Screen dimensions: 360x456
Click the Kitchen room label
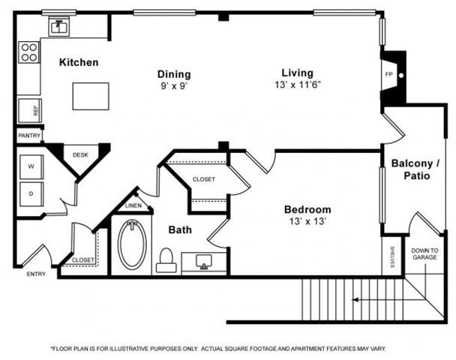[79, 62]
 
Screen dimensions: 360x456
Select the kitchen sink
[58, 27]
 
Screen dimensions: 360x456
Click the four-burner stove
[29, 52]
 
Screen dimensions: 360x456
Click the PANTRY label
[28, 136]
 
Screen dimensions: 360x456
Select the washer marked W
[31, 166]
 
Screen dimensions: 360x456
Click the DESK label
[79, 154]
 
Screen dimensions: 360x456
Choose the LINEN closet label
[133, 205]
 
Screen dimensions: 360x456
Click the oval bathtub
[132, 244]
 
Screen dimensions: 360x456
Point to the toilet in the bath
[166, 259]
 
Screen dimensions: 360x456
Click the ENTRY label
[36, 274]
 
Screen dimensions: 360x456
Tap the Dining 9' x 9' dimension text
[173, 85]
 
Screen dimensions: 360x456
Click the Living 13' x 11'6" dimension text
[297, 85]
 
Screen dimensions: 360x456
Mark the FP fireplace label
[388, 75]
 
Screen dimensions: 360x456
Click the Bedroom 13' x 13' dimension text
[307, 222]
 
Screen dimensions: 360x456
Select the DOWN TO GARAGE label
[424, 253]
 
